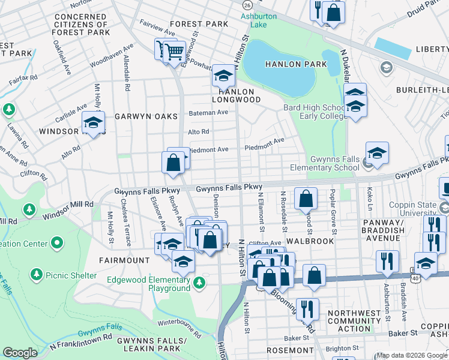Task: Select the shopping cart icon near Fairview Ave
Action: [175, 52]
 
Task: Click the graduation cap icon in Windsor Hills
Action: [93, 123]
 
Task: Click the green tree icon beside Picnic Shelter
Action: [37, 275]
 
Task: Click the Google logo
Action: [20, 353]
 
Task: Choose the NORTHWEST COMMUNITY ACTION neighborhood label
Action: [354, 321]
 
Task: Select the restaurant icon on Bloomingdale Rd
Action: [307, 309]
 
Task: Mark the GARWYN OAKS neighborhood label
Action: [146, 116]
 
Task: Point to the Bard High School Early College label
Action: [315, 112]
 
